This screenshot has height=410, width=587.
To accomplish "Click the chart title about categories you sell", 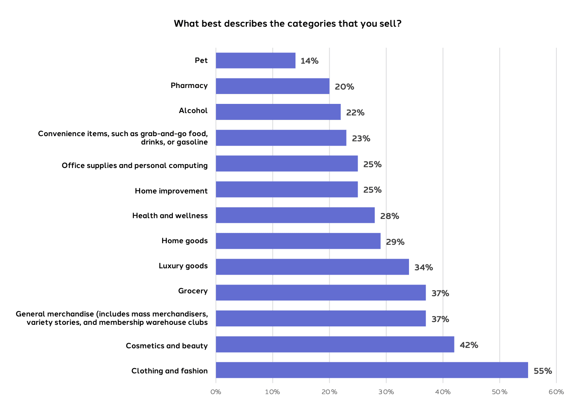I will (288, 23).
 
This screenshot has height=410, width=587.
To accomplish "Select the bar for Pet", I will (256, 61).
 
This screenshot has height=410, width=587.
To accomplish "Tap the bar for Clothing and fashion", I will (372, 370).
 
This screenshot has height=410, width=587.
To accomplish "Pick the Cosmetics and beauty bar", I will (335, 344).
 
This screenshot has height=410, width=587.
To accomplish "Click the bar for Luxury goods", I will (312, 267).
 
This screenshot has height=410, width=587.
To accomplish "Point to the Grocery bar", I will (321, 293).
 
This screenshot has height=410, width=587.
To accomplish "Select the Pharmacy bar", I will (272, 86).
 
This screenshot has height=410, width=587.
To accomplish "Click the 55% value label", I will (543, 371).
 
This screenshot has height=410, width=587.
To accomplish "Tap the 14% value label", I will (309, 61).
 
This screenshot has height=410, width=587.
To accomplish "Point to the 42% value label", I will (469, 345).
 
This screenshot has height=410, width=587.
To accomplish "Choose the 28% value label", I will (389, 216).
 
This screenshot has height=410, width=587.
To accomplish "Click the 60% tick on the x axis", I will (556, 392).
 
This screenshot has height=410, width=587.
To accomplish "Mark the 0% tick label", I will (216, 392).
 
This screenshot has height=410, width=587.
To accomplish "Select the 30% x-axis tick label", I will (386, 392).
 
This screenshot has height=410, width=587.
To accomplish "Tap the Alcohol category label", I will (193, 111).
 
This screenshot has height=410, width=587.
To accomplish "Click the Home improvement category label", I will (171, 191).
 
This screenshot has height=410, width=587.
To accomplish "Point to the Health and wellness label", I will (170, 216).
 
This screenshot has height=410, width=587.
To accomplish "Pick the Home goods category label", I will (184, 241).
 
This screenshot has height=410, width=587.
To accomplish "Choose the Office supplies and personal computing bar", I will (287, 164).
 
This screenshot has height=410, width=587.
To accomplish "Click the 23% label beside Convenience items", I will (361, 139).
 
